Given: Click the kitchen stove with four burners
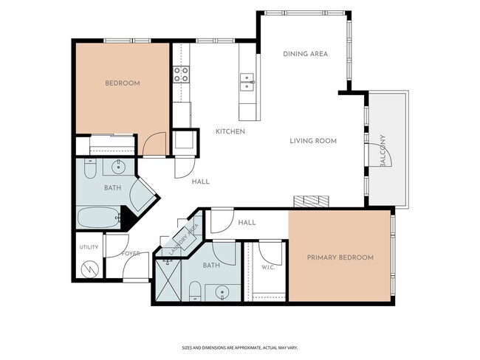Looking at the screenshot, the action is click(181, 75).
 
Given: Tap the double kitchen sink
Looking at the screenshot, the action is click(247, 82).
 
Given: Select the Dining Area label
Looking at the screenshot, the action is click(305, 54).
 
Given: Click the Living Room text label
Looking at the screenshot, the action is click(313, 141).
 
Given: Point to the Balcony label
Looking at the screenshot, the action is click(383, 150).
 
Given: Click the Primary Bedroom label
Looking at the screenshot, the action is click(340, 257).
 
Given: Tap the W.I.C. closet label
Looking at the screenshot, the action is click(268, 267).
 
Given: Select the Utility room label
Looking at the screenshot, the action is click(89, 247).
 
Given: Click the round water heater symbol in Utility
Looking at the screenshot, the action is click(89, 269).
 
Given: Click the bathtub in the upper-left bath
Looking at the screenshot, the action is click(98, 217).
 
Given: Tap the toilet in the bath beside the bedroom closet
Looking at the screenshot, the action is click(90, 168).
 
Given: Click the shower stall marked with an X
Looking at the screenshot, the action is click(168, 280).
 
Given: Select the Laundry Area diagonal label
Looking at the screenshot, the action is click(184, 240).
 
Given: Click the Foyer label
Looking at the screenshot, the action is click(131, 254).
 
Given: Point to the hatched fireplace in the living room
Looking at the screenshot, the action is click(311, 201).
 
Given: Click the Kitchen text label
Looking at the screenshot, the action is click(230, 131).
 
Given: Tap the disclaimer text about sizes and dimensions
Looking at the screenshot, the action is click(240, 347).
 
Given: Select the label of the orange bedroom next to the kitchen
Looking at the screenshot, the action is click(123, 83).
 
